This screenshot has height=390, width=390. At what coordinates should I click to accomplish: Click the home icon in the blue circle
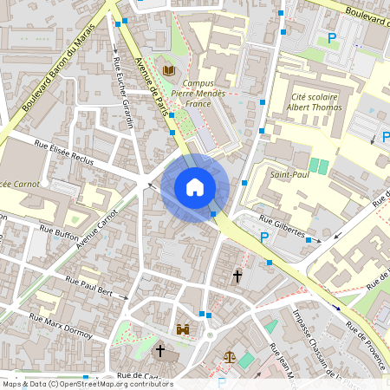pos(195,186)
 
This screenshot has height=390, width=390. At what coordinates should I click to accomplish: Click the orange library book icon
pos(169,70)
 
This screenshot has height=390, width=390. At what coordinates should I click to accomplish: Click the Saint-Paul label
pos(289,175)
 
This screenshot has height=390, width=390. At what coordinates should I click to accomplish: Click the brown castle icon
pos(184,329)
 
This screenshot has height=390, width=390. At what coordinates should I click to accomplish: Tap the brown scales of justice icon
pos(229,355)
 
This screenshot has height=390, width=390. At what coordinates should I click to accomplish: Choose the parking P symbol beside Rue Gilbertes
pos(265,237)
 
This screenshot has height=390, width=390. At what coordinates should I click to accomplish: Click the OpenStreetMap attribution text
pos(87,384)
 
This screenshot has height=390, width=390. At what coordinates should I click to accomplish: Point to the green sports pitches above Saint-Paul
pos(318,165)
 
